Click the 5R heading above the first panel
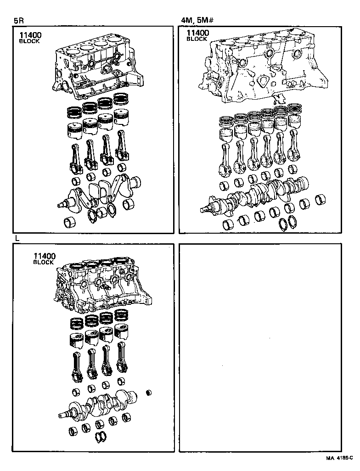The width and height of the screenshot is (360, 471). [x=19, y=20]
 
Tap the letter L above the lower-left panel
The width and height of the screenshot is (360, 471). [x=17, y=238]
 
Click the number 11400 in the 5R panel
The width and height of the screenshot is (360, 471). [x=30, y=35]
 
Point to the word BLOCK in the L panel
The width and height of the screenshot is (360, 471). [x=44, y=262]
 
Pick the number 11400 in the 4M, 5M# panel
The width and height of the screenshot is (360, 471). [x=197, y=33]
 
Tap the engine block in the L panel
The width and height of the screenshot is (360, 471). [x=103, y=287]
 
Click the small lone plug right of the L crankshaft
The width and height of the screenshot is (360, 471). [x=148, y=392]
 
